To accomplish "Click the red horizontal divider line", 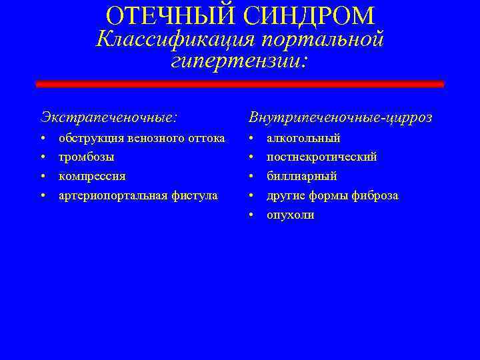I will pyautogui.click(x=239, y=85).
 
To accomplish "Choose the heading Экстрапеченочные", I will pyautogui.click(x=109, y=117).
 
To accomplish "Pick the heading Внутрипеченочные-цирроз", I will pyautogui.click(x=340, y=117).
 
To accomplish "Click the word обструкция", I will pyautogui.click(x=87, y=139).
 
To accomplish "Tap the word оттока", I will pyautogui.click(x=206, y=139).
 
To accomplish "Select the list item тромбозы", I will pyautogui.click(x=86, y=157).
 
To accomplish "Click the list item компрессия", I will pyautogui.click(x=91, y=177).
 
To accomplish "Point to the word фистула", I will pyautogui.click(x=196, y=195).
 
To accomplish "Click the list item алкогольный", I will pyautogui.click(x=303, y=139).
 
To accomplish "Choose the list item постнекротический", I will pyautogui.click(x=321, y=157).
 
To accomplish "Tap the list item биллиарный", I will pyautogui.click(x=301, y=177).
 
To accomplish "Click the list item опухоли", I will pyautogui.click(x=290, y=215).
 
